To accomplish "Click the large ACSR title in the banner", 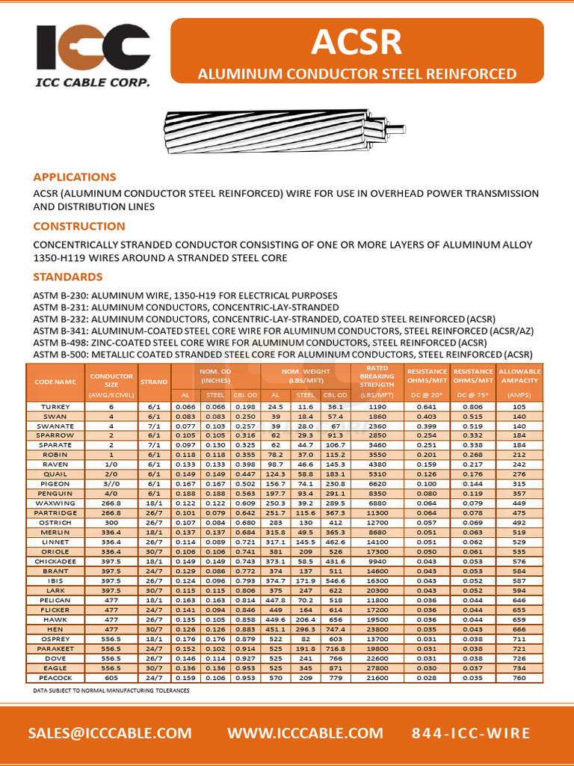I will pos(357,43).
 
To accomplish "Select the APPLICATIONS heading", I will pos(74,177).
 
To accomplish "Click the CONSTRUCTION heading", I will pos(79,227).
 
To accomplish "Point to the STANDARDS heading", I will pos(68,277).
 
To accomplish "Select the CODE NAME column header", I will pos(55,382).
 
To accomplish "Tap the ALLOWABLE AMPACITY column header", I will pos(519,376).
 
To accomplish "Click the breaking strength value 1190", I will pos(377,406).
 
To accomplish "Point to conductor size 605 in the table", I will pos(111,678).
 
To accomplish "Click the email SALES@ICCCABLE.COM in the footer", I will pos(110,733).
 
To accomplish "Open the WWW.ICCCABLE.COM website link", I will pos(304,733).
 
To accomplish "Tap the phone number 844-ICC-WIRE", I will pos(471,733).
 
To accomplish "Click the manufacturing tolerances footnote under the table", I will pos(111,690).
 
